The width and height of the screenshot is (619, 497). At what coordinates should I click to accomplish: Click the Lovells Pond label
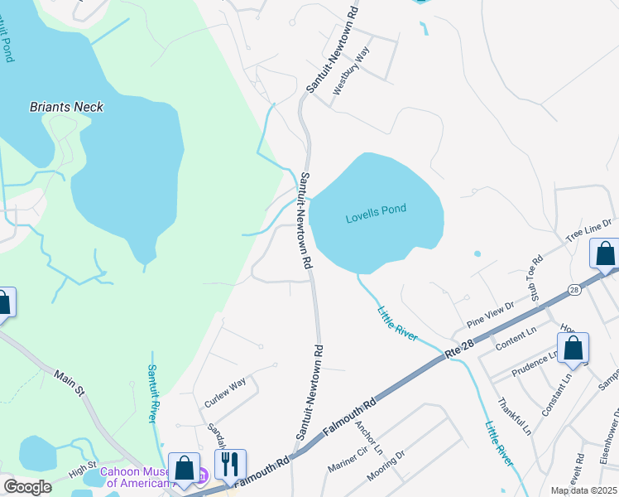[x=376, y=210]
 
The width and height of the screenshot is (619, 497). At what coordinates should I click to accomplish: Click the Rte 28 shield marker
[x=573, y=289]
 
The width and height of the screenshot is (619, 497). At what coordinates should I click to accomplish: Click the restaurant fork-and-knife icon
[x=230, y=465]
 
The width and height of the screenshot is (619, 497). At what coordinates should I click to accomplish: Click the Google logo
[x=27, y=487]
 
